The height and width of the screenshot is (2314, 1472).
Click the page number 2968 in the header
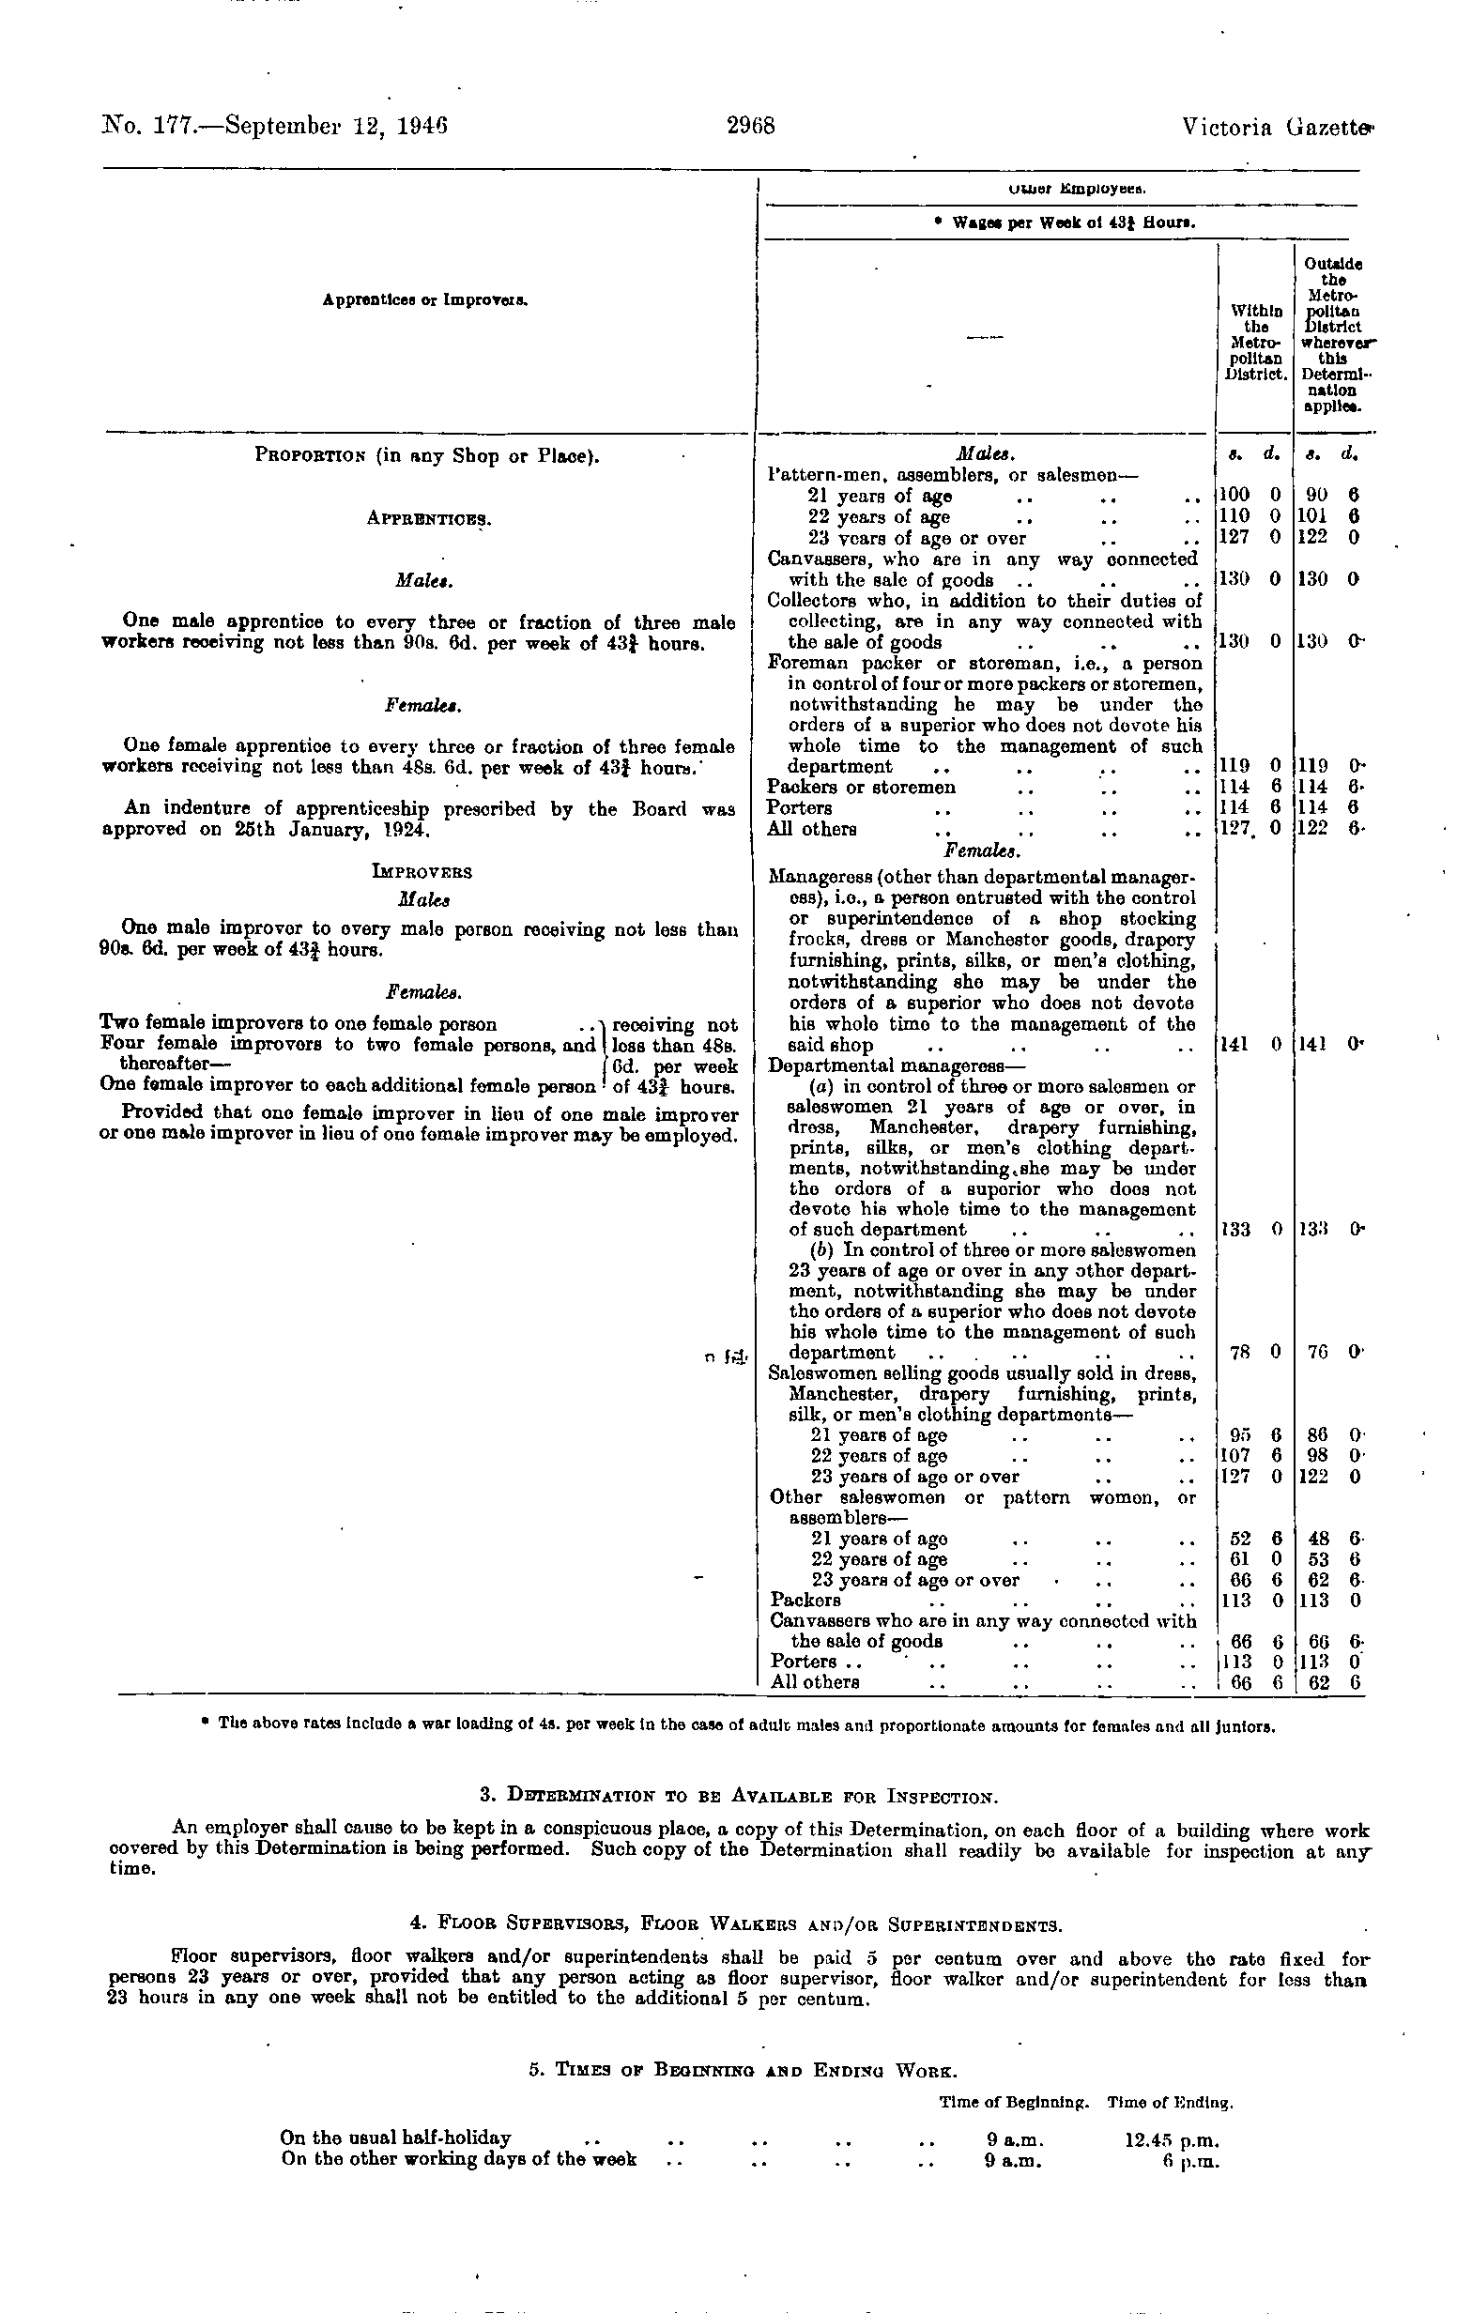click(x=750, y=126)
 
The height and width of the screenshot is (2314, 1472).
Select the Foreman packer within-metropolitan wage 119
click(x=1234, y=766)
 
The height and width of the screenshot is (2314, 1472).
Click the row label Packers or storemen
click(x=861, y=787)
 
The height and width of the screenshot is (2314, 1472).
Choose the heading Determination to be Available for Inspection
click(x=739, y=1795)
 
